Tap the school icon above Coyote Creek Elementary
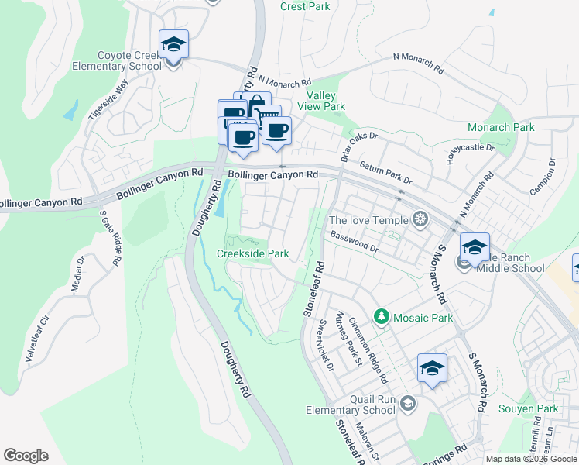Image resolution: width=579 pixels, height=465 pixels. [x=174, y=45]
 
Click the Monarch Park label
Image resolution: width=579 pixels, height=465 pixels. [x=501, y=127]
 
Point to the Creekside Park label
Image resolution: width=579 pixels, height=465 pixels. [x=252, y=253]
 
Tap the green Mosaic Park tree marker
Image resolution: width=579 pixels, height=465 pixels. [x=381, y=316]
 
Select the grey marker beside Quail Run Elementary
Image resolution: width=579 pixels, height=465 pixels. [x=409, y=403]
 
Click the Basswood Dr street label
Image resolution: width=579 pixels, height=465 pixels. [x=354, y=243]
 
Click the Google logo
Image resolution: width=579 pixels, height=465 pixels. [x=26, y=456]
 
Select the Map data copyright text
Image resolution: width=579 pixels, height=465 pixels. [x=530, y=459]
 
